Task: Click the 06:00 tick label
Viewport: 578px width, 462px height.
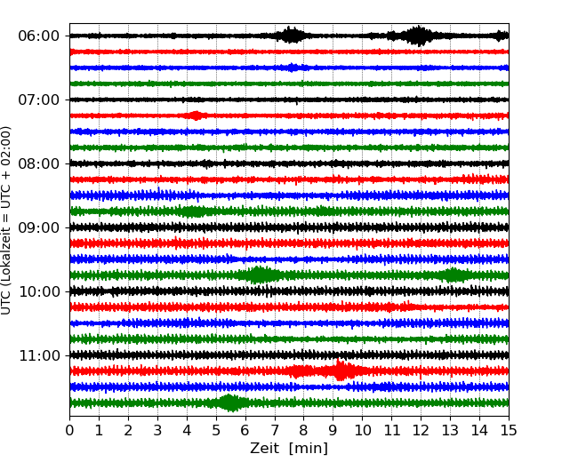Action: (38, 36)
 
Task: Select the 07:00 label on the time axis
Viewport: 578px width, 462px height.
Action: (38, 100)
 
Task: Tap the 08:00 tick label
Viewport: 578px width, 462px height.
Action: (38, 163)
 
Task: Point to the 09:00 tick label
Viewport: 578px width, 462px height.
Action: (38, 227)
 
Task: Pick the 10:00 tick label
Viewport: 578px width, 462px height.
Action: (38, 291)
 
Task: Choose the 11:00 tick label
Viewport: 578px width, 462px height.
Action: (38, 355)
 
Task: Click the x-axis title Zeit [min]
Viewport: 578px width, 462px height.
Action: (288, 449)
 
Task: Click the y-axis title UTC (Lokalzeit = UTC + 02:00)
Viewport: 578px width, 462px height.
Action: (7, 219)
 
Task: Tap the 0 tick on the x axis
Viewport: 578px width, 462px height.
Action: (70, 431)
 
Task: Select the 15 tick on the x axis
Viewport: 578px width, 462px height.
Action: (509, 431)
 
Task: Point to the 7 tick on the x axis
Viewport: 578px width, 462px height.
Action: (275, 431)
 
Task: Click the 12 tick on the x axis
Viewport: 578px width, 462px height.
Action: (421, 431)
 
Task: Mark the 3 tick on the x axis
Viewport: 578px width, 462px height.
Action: (157, 431)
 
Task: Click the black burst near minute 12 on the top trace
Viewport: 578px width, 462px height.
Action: (418, 36)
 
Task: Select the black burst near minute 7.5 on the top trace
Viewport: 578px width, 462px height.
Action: (291, 36)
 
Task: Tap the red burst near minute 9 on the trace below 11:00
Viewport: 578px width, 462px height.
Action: (340, 370)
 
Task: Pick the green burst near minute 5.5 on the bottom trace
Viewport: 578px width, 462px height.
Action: (230, 402)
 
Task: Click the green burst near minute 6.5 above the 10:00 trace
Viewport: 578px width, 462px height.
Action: (260, 275)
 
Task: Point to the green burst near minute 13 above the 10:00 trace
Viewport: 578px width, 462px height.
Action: (454, 275)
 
